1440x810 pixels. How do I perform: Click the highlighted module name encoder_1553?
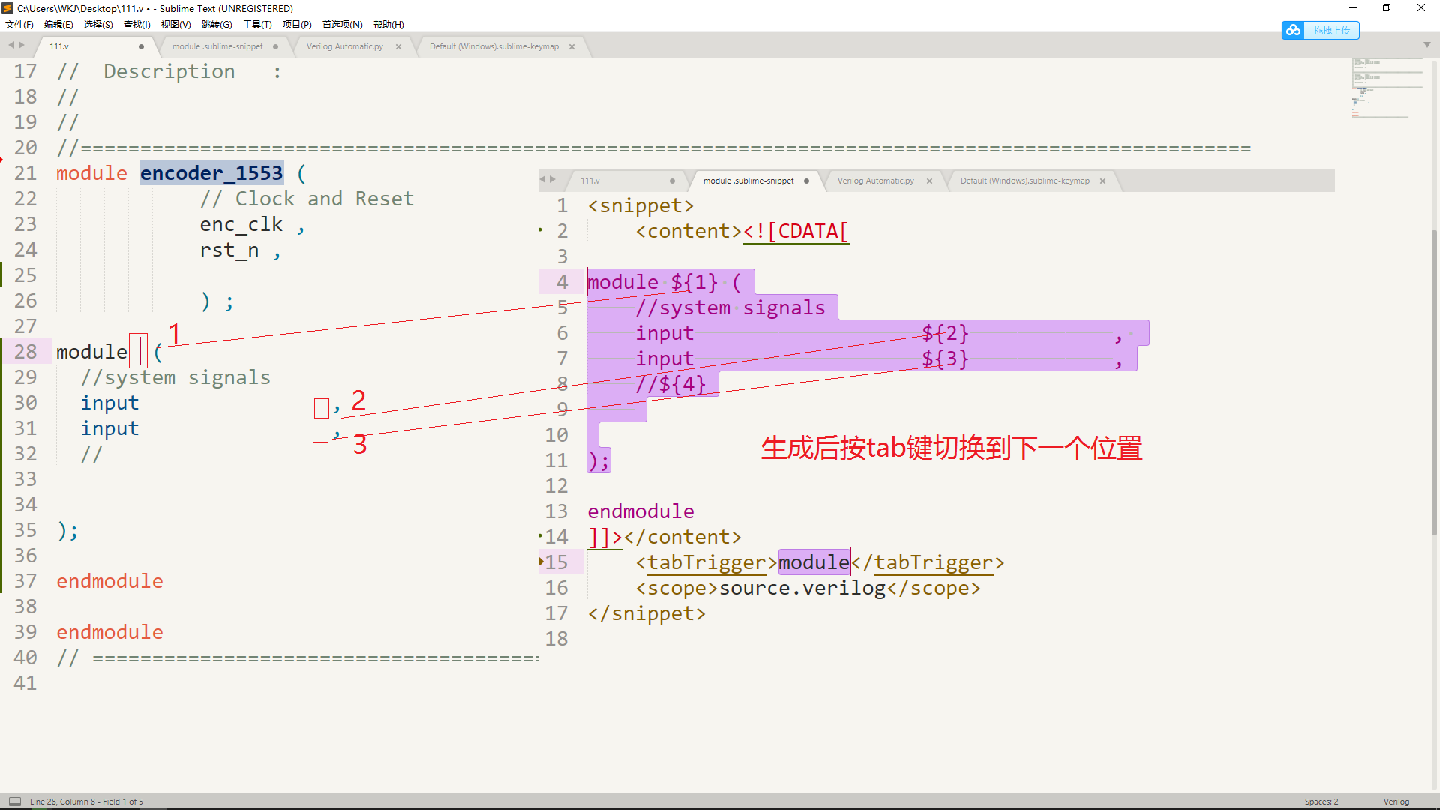point(211,173)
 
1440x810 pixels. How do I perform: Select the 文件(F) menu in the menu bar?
point(19,25)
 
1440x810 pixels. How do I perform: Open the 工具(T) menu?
point(256,25)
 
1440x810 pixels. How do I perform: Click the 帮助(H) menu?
point(388,25)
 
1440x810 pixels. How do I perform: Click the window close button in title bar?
point(1420,8)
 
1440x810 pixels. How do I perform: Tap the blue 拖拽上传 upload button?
point(1321,31)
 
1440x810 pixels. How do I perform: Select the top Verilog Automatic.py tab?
point(344,46)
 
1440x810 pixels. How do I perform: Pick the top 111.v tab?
point(59,46)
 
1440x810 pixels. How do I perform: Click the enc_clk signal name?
point(241,224)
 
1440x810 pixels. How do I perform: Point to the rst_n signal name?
point(229,250)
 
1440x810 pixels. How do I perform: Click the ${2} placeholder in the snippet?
point(945,333)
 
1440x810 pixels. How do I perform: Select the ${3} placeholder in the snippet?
point(945,358)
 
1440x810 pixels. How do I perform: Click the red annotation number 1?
point(174,333)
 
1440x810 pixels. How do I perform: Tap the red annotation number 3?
point(360,444)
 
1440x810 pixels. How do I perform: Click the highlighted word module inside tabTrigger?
point(814,562)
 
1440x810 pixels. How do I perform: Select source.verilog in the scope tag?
point(802,588)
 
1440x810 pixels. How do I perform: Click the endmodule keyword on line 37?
point(109,581)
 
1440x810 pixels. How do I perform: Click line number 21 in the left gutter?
point(25,173)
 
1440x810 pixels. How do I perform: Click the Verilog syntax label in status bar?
point(1396,802)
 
